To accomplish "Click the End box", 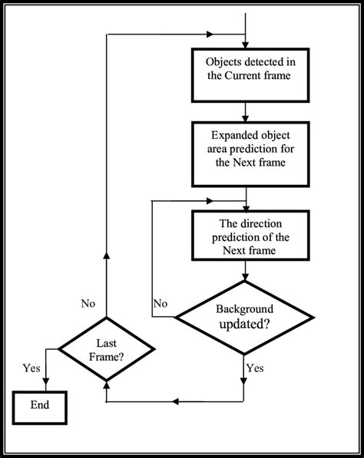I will click(x=40, y=406).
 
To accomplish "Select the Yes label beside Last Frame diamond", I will click(x=31, y=368).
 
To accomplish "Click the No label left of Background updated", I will click(x=160, y=303).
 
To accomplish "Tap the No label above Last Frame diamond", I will click(x=88, y=303).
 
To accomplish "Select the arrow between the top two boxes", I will click(x=244, y=111).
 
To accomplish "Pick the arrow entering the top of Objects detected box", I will click(x=244, y=43).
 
